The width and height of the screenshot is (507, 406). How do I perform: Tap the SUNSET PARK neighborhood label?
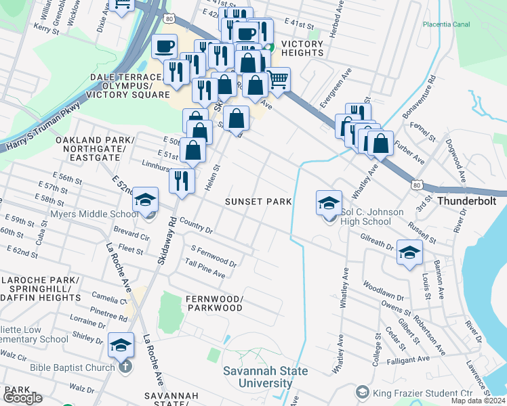[258, 202]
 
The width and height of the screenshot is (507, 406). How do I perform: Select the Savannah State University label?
[266, 377]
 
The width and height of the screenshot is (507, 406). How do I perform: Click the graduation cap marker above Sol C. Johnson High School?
[328, 202]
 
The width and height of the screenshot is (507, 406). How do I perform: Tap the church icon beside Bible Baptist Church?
[125, 367]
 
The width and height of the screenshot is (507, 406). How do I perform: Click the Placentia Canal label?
[446, 24]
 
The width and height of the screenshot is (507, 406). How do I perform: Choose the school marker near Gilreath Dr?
[409, 252]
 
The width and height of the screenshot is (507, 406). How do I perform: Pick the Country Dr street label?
[197, 227]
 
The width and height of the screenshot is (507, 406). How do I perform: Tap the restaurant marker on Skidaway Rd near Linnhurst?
[182, 181]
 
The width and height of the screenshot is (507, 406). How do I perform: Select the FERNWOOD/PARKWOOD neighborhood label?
[214, 303]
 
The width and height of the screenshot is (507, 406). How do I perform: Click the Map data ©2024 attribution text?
[479, 401]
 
